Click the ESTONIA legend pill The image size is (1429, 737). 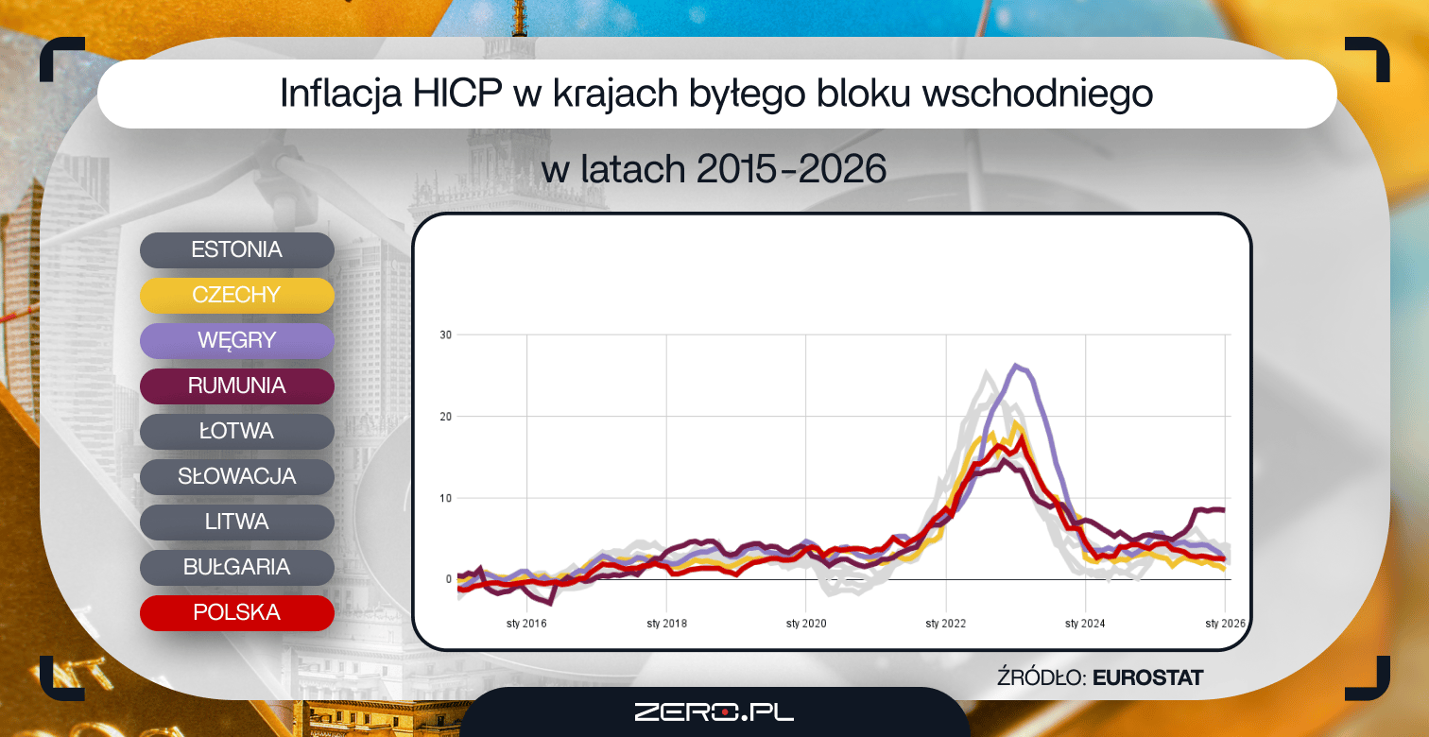click(236, 249)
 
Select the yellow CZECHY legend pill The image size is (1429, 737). click(236, 295)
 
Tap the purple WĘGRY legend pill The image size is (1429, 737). click(236, 340)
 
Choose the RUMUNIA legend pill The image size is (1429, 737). click(236, 386)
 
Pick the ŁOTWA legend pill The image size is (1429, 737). click(236, 432)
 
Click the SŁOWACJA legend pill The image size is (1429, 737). click(236, 477)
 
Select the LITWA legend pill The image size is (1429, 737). click(236, 523)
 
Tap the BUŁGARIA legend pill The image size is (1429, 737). click(236, 568)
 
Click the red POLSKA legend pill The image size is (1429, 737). click(236, 612)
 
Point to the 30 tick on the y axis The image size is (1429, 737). click(445, 334)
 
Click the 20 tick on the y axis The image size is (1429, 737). click(445, 417)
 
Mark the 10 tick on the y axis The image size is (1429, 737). click(445, 498)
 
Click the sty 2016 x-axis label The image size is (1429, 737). click(526, 624)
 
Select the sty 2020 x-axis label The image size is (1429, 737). click(806, 624)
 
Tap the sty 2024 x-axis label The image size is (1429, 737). click(1085, 624)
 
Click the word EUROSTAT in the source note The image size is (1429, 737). click(1147, 677)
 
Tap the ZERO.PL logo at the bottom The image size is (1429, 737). click(714, 712)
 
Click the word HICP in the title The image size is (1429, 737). click(457, 94)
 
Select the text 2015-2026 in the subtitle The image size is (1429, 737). click(791, 169)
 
